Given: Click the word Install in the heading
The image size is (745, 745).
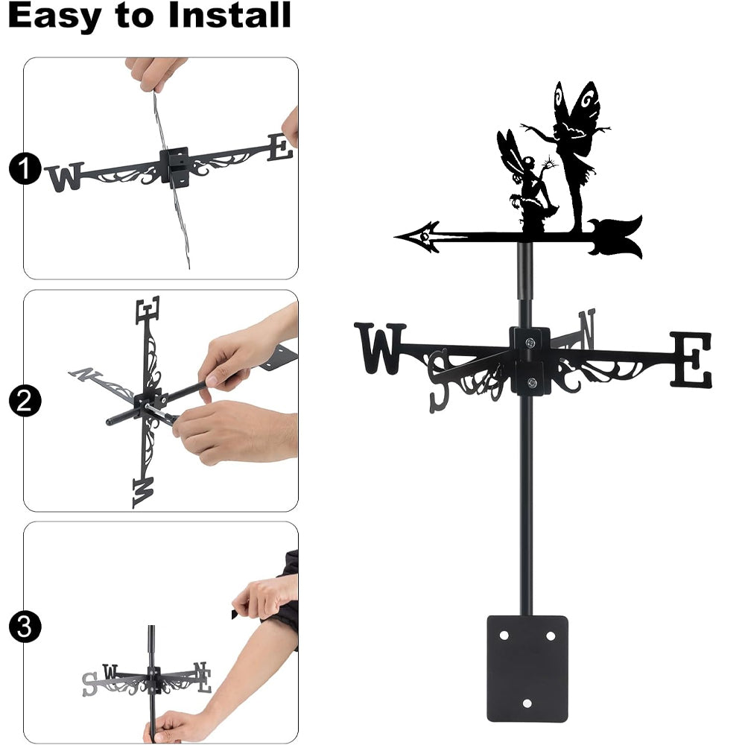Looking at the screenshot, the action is click(x=229, y=15).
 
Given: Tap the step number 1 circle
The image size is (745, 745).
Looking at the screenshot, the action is click(x=25, y=168).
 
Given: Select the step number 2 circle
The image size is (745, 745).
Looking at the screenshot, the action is click(x=25, y=401).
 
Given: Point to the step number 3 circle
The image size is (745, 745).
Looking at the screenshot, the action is click(x=25, y=627).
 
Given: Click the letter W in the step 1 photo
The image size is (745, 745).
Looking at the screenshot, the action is click(x=65, y=177).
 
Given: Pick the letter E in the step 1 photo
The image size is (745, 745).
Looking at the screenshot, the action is click(x=280, y=148).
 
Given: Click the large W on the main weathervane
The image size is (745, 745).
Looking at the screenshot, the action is click(x=380, y=348).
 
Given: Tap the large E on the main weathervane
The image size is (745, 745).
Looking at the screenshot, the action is click(x=691, y=360).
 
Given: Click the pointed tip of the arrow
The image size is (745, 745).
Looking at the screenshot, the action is click(x=396, y=236).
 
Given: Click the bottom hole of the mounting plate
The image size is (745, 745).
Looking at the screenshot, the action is click(x=527, y=703).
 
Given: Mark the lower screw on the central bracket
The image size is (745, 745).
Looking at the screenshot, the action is click(x=532, y=382).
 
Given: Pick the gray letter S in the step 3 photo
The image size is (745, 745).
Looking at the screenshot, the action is click(x=89, y=685).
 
